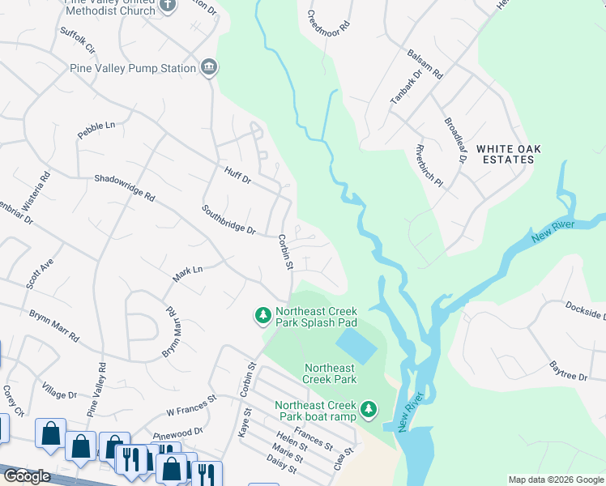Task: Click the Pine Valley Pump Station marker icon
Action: (x=209, y=68)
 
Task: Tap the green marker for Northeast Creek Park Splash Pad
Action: (x=262, y=315)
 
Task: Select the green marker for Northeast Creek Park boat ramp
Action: (x=369, y=410)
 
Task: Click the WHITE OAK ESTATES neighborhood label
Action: (x=508, y=154)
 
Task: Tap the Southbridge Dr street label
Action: (x=229, y=219)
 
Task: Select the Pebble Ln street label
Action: (x=96, y=131)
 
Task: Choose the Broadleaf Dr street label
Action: (x=455, y=140)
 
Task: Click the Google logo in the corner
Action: (x=26, y=476)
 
